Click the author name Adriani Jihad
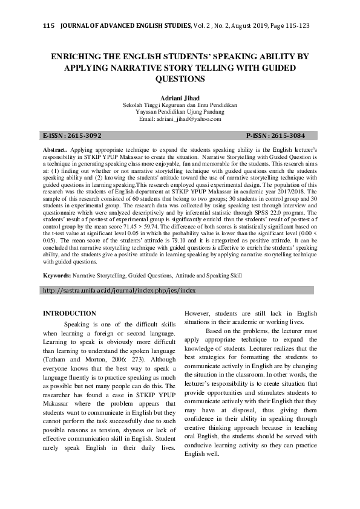point(180,97)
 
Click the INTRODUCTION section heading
point(69,313)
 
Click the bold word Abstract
point(56,149)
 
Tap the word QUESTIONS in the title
point(180,79)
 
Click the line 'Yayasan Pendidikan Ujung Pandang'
point(180,112)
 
